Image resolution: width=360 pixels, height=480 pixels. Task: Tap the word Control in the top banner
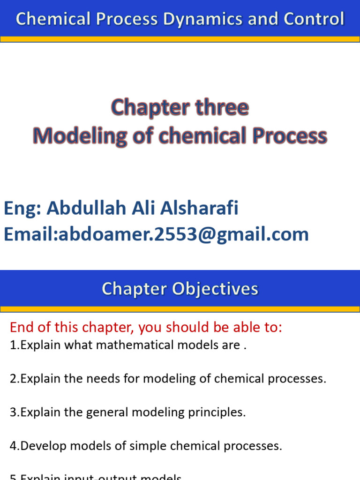pyautogui.click(x=314, y=19)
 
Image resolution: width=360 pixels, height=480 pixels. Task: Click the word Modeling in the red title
pyautogui.click(x=80, y=136)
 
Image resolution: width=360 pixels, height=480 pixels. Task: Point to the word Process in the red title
pyautogui.click(x=290, y=136)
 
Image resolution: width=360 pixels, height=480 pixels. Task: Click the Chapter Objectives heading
pyautogui.click(x=180, y=289)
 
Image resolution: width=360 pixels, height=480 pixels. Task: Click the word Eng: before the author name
pyautogui.click(x=22, y=208)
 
